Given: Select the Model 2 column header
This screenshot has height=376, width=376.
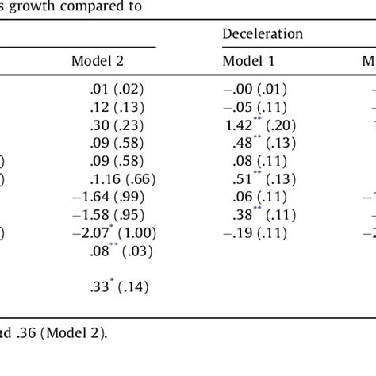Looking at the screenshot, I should (x=98, y=60).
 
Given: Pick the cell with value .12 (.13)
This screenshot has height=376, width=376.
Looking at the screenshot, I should (x=119, y=106).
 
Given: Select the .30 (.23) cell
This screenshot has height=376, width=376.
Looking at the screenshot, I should (x=119, y=124).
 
